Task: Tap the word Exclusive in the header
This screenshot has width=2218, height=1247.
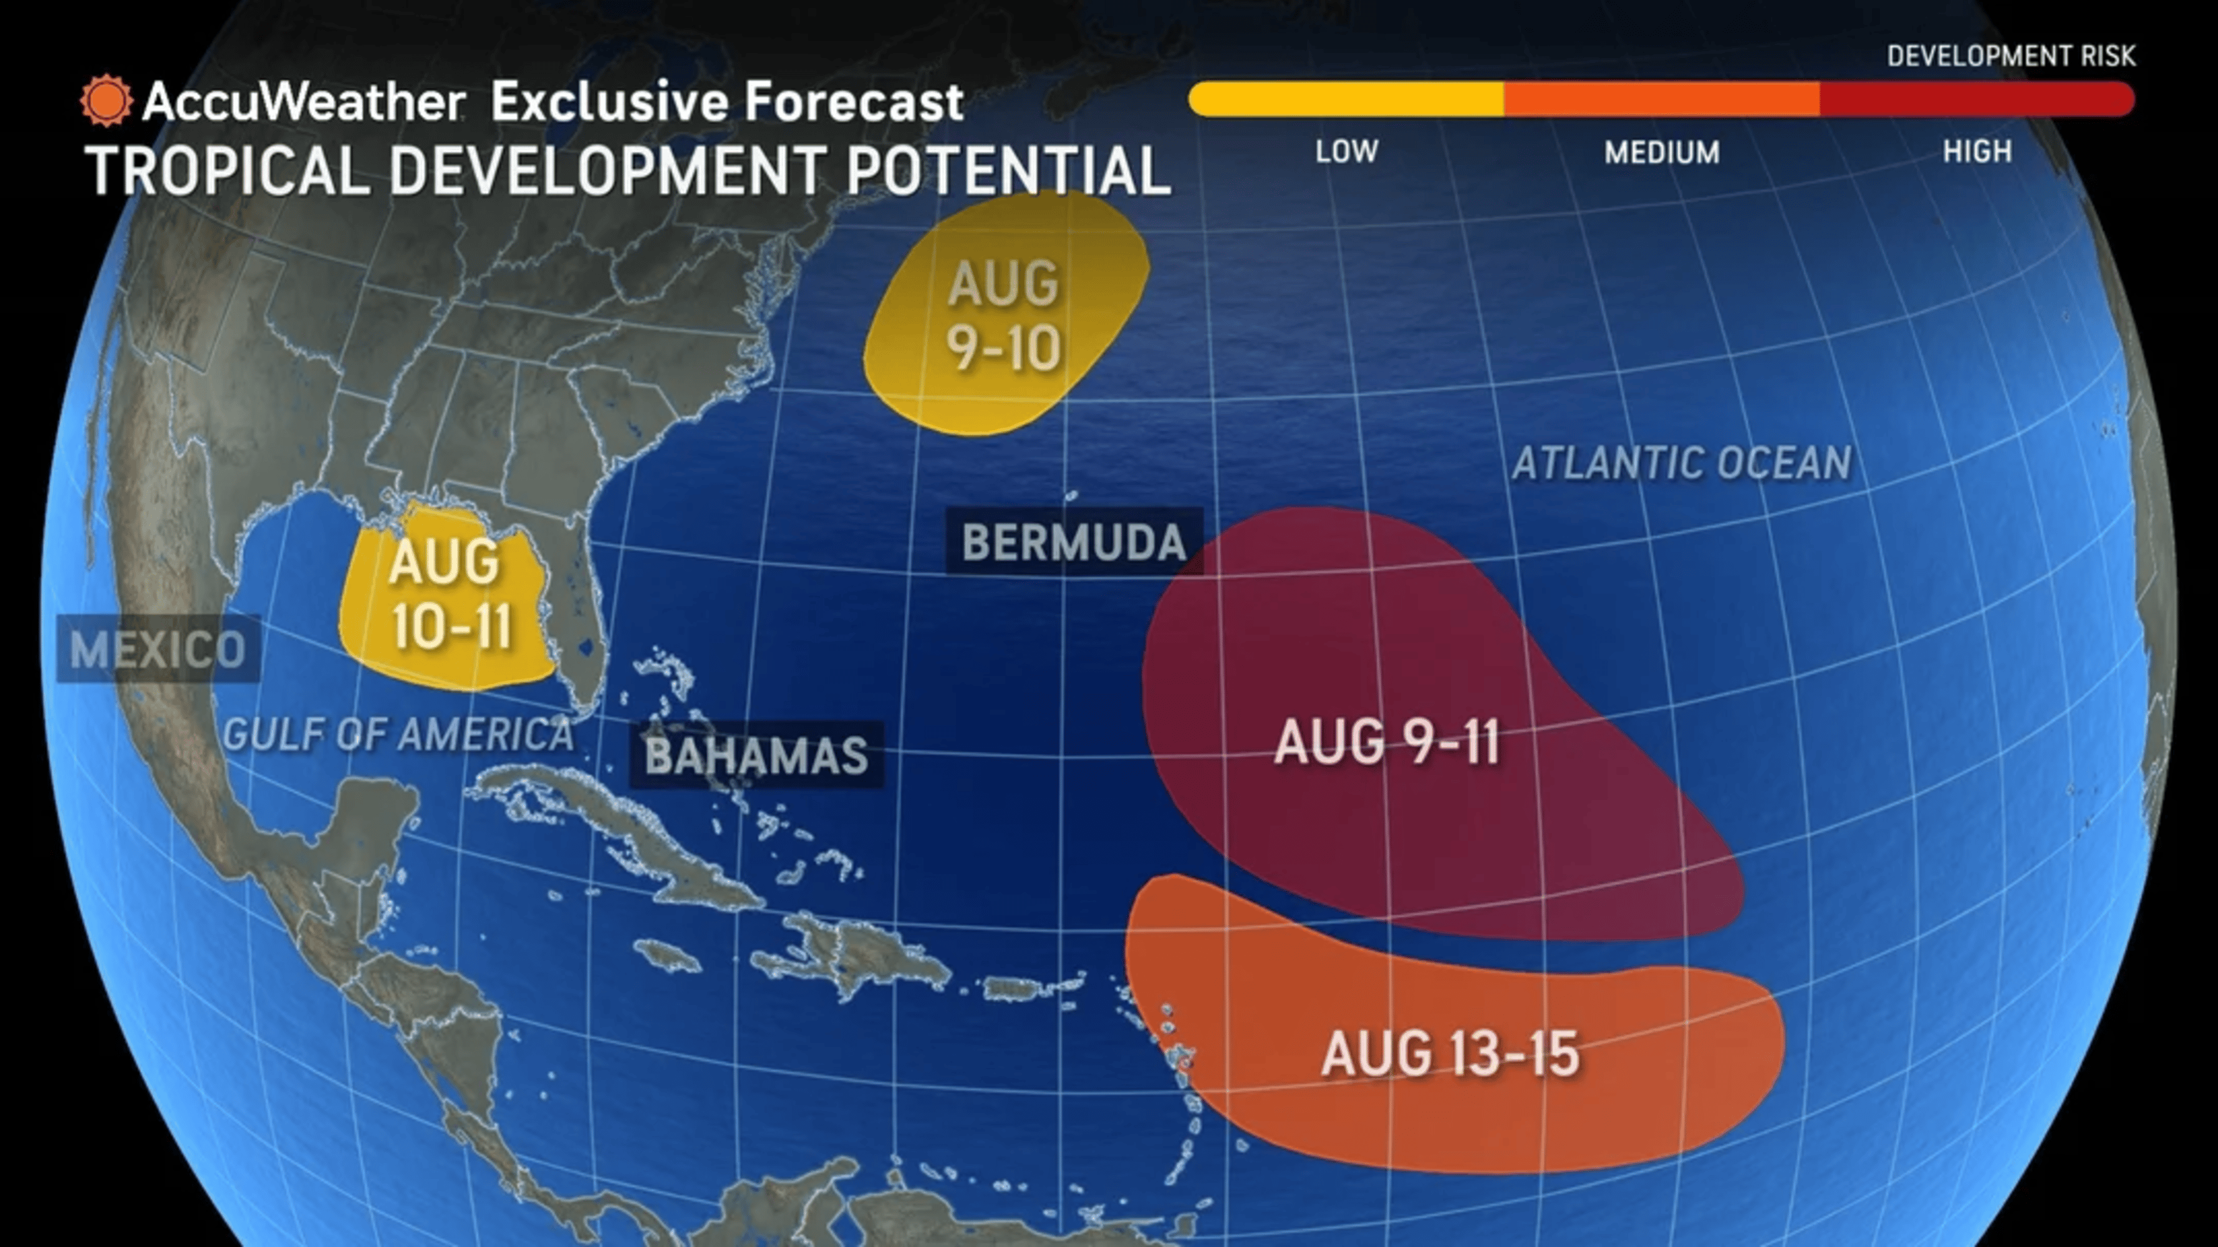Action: (610, 102)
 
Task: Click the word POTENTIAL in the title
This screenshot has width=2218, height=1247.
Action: (1008, 170)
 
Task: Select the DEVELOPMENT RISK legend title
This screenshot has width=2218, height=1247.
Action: (2010, 56)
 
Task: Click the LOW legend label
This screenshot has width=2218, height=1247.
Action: (1347, 152)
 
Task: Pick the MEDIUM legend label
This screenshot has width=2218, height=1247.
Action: (1662, 152)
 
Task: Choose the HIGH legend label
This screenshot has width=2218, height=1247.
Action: (1977, 152)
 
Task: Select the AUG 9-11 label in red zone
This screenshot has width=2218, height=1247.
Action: (1386, 743)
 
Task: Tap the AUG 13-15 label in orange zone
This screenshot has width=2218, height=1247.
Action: (1450, 1054)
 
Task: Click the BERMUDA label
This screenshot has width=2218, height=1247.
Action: (1074, 542)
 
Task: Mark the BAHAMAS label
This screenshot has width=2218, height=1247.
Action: (756, 755)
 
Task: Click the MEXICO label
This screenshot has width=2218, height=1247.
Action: (158, 649)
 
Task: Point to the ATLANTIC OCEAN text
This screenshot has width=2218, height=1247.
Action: (1682, 463)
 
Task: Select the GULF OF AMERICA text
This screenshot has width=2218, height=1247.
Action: (398, 734)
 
